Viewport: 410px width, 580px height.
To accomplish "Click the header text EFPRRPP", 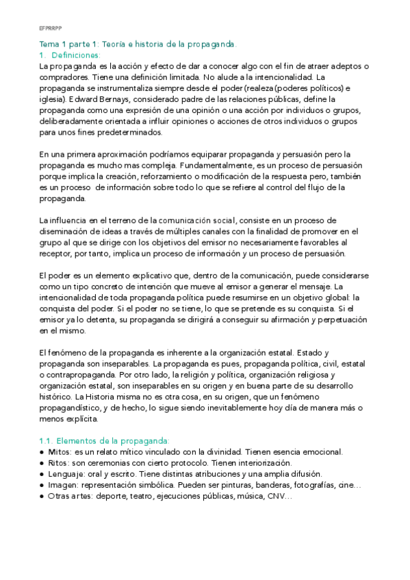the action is [49, 29].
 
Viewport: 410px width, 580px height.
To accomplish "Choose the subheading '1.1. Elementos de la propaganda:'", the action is [104, 441].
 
